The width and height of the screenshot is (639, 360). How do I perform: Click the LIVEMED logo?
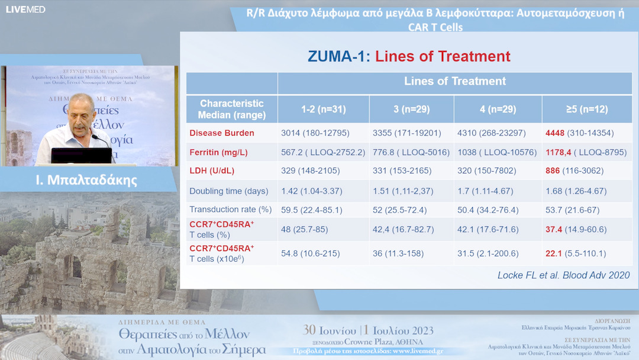(x=25, y=9)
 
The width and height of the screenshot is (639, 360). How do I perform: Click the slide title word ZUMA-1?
(x=338, y=57)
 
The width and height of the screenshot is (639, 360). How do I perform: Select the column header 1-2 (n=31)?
(x=323, y=110)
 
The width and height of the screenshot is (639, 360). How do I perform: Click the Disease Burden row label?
(x=222, y=133)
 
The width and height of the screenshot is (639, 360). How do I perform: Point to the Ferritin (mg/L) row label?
(x=218, y=153)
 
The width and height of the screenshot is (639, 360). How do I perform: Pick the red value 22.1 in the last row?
(x=554, y=254)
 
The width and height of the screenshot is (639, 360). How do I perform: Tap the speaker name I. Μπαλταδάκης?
(x=86, y=180)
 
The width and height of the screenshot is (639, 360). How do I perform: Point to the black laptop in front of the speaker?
(x=82, y=155)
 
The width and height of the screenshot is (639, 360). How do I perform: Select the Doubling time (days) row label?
(x=228, y=191)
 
